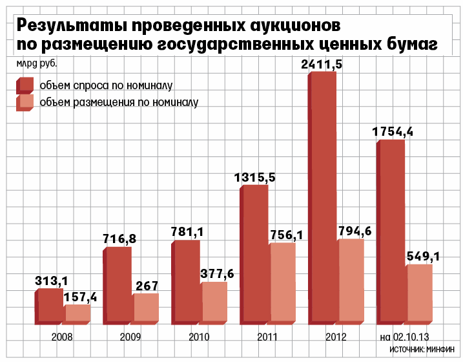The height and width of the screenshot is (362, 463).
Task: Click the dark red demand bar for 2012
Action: (322, 198)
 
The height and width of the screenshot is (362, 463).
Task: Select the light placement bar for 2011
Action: (282, 284)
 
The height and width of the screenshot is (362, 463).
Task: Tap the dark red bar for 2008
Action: (49, 306)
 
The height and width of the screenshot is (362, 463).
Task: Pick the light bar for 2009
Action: (146, 309)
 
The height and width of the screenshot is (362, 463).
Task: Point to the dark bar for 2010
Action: (186, 282)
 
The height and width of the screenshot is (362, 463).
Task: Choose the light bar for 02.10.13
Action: (419, 294)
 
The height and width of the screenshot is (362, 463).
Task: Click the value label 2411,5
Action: (322, 65)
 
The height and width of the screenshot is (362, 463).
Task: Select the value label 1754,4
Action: (393, 132)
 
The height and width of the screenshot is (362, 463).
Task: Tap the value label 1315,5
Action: (254, 178)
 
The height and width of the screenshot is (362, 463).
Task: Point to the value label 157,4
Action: (80, 297)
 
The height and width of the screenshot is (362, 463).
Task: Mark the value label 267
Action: (147, 286)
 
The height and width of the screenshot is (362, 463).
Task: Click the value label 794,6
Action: (355, 231)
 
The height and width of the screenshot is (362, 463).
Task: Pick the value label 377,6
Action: (217, 274)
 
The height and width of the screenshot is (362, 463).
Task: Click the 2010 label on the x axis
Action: (199, 337)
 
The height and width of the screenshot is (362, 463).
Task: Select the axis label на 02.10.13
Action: (404, 337)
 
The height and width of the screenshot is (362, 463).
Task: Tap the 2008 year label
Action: (62, 337)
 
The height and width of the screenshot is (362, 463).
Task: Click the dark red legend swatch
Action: (25, 85)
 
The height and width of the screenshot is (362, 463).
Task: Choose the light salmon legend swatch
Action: (25, 103)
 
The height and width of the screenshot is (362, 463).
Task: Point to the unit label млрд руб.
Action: (37, 63)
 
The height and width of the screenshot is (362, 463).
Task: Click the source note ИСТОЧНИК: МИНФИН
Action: (422, 350)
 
